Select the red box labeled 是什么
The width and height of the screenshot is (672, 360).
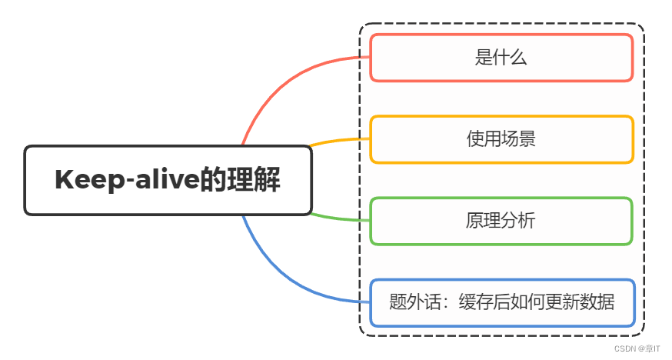(x=501, y=58)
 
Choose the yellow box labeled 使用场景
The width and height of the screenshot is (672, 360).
(x=501, y=139)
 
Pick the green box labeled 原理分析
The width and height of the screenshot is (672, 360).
(x=501, y=221)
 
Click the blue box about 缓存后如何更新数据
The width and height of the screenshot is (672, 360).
(x=501, y=302)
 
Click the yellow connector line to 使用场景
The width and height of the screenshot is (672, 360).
(x=338, y=141)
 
